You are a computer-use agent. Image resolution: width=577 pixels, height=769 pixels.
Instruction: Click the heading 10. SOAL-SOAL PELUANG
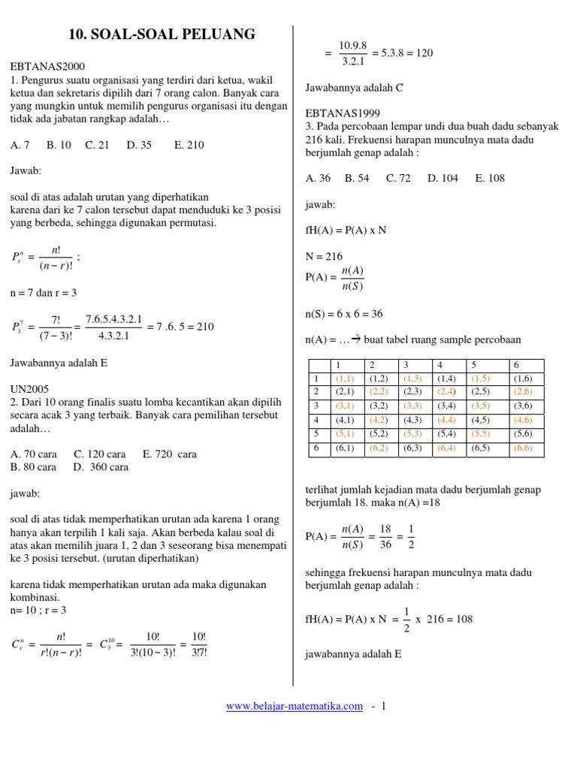coord(162,34)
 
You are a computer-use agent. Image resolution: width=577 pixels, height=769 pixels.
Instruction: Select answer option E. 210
coord(189,145)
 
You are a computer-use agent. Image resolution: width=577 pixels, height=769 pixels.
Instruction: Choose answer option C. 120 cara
coord(100,454)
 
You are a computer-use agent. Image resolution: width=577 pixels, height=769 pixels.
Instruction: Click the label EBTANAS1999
coord(338,114)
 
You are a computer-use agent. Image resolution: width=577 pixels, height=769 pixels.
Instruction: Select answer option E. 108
coord(490,178)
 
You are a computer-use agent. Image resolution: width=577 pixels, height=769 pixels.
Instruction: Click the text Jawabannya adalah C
coord(355,88)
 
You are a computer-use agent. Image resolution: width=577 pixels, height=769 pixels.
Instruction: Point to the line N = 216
coord(324,255)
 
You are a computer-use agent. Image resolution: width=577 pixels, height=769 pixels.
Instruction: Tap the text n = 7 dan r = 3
coord(44,292)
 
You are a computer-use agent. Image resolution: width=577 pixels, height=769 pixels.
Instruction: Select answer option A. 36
coord(319,178)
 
